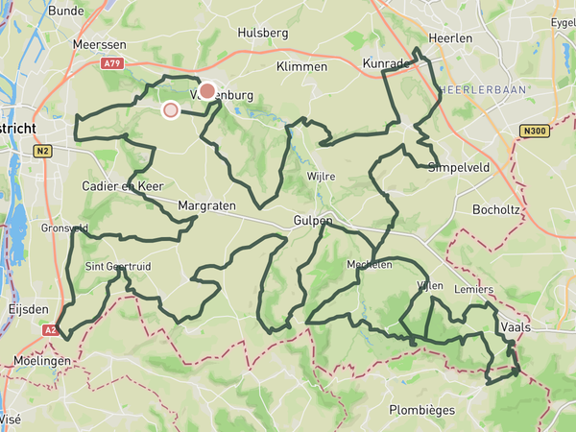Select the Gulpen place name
(x=313, y=221)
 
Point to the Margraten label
(x=207, y=205)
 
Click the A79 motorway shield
(x=112, y=64)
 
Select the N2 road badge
(x=41, y=151)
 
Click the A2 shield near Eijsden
(x=50, y=328)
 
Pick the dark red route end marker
(x=206, y=91)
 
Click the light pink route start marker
(x=171, y=110)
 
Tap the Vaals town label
(x=516, y=326)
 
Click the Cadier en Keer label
(x=123, y=185)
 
